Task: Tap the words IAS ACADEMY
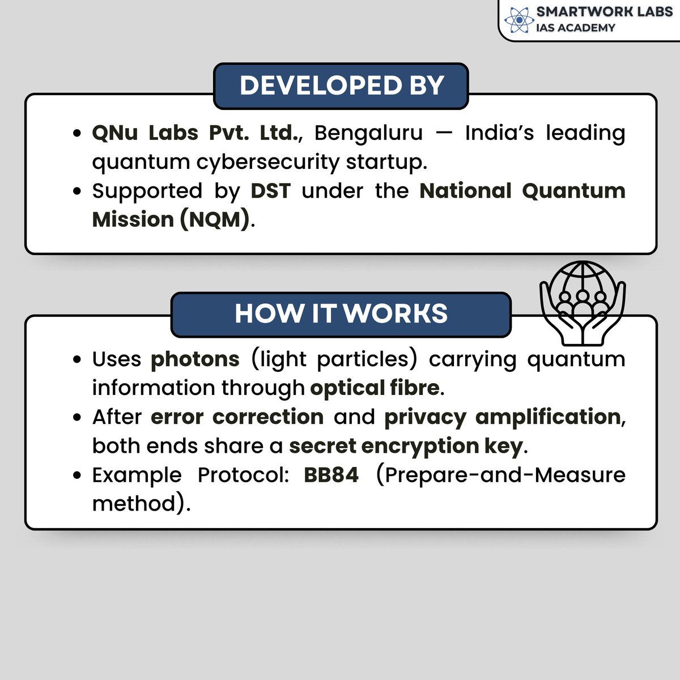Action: [575, 28]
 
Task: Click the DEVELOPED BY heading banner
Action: [341, 86]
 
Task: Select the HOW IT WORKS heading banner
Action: [341, 313]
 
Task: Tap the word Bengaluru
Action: [368, 133]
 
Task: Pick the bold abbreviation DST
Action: [270, 191]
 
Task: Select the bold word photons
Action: [195, 359]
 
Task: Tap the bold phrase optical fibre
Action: [375, 388]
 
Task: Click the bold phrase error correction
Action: [237, 417]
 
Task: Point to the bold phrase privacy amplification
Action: [503, 417]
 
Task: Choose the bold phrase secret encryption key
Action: [406, 446]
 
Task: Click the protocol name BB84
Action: [331, 475]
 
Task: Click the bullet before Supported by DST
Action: [78, 192]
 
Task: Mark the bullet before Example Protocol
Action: [78, 475]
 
